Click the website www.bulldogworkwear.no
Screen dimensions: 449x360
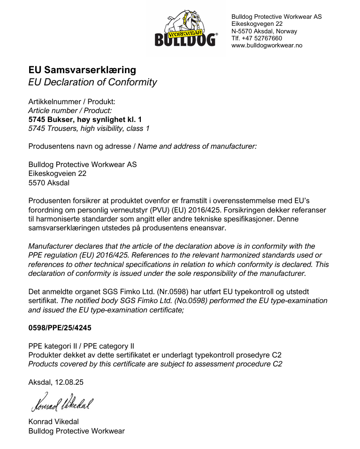coord(267,46)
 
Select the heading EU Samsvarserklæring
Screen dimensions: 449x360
coord(82,70)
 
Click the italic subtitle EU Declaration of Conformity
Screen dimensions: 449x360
coord(92,82)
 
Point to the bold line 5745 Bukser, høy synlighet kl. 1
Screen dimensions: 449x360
coord(85,120)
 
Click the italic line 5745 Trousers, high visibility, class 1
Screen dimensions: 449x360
coord(89,129)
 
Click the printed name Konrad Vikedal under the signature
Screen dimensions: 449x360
coord(54,422)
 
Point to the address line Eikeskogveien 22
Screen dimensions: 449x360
coord(57,174)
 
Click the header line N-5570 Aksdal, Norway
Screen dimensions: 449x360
coord(264,31)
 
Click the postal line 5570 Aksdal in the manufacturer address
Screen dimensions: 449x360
coord(49,183)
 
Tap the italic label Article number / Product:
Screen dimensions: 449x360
coord(70,111)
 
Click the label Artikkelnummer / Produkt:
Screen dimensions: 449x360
coord(71,102)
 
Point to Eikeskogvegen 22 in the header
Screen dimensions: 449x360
coord(257,24)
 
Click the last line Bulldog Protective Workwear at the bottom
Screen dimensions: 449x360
coord(77,431)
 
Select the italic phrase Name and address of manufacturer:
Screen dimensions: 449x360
coord(197,146)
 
